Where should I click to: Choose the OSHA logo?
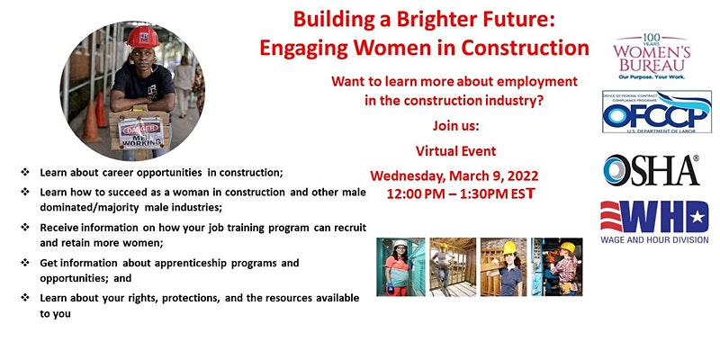click(x=652, y=170)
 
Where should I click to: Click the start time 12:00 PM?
click(x=420, y=193)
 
